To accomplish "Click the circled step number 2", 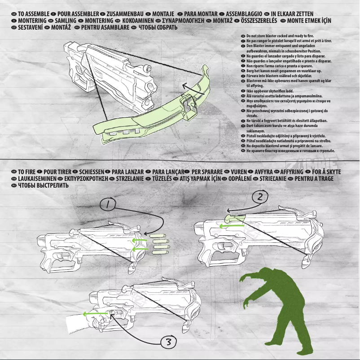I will [260, 196].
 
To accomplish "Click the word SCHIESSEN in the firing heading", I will [92, 172].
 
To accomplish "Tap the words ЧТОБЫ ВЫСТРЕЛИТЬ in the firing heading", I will [43, 185].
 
